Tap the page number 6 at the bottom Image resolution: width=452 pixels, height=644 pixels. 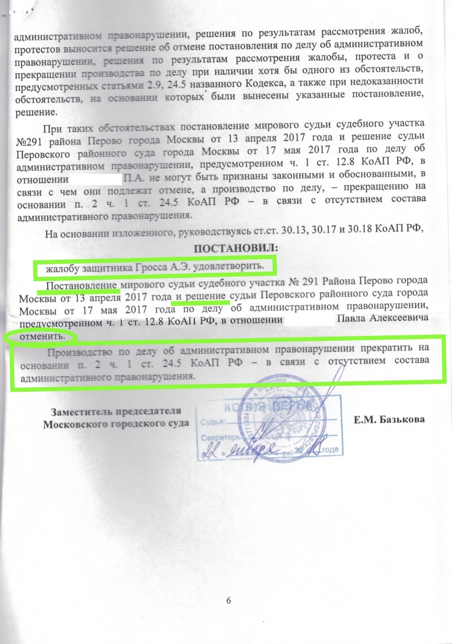point(228,600)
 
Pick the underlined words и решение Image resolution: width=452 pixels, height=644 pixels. point(201,297)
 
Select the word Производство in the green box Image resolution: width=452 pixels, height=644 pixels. point(77,353)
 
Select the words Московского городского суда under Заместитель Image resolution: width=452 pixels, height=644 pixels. point(116,423)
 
